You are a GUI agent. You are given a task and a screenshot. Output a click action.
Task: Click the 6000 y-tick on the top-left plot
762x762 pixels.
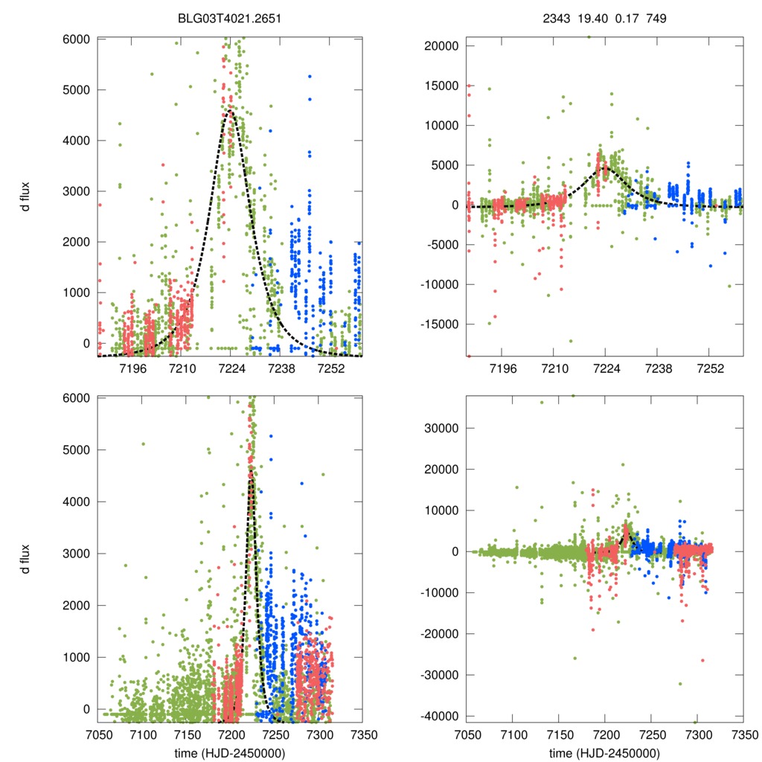click(x=77, y=39)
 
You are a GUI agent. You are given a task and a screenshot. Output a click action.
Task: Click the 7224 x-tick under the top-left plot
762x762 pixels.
click(x=230, y=368)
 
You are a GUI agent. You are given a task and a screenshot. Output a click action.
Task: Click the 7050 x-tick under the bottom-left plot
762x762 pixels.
click(x=97, y=734)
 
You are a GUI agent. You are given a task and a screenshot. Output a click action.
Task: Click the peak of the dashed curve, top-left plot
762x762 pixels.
click(x=229, y=112)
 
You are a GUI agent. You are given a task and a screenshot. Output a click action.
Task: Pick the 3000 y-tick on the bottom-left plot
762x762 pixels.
click(x=77, y=553)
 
